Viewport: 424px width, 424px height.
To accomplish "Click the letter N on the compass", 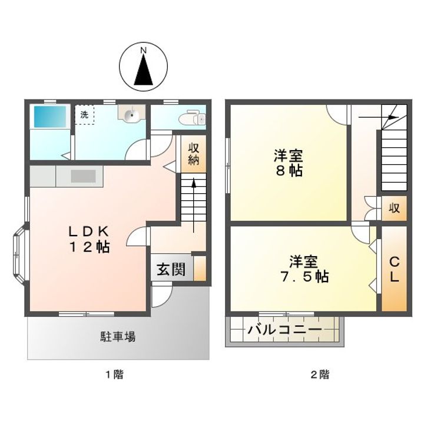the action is click(x=144, y=50).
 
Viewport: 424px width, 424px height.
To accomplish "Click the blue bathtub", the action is click(x=50, y=117).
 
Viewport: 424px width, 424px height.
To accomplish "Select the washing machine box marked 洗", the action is click(x=85, y=115).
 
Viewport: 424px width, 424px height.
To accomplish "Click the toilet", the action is click(x=193, y=117).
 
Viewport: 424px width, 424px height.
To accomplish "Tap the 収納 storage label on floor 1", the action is click(x=194, y=154).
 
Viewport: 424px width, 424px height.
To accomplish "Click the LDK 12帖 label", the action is click(x=90, y=239).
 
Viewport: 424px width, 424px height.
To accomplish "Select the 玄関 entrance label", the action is click(x=171, y=269).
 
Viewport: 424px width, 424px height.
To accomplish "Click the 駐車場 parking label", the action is click(x=118, y=337).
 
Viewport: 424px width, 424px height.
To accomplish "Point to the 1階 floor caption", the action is click(x=115, y=375).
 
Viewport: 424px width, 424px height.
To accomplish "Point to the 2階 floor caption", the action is click(x=320, y=375).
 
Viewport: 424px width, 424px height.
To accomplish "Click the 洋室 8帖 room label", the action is click(x=289, y=163).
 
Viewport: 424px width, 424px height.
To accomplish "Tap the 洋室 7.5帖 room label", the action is click(x=304, y=269).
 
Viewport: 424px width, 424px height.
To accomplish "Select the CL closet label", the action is click(x=394, y=269).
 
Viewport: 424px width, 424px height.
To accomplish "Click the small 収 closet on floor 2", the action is click(x=394, y=208).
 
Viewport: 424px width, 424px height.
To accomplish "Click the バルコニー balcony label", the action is click(x=285, y=330).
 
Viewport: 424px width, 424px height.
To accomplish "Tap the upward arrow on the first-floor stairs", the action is click(x=194, y=205).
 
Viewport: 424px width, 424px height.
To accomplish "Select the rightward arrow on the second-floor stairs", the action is click(x=379, y=117).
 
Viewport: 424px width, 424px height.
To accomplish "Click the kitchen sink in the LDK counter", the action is click(x=83, y=176).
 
